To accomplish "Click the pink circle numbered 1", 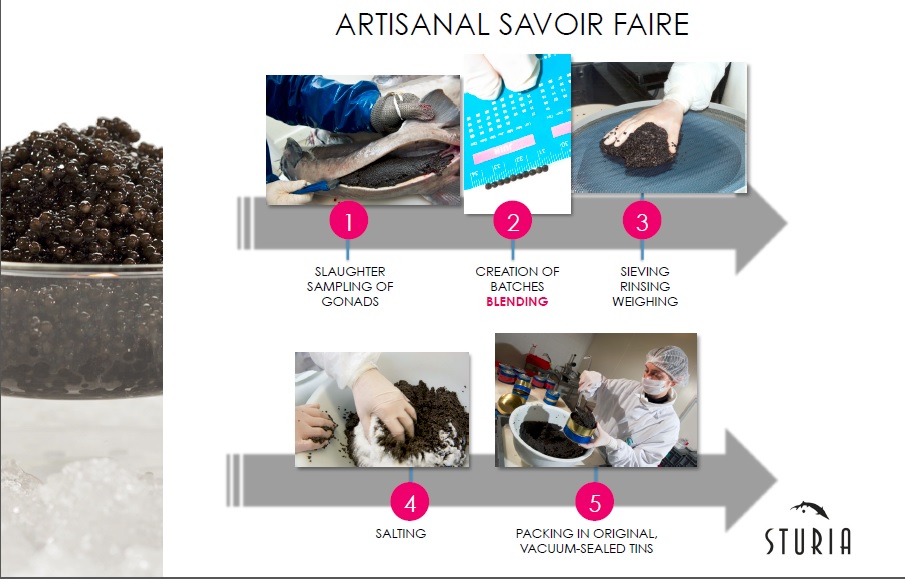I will pos(348,222).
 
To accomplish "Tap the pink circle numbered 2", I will pos(512,222).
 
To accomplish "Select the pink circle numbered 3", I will pos(642,222).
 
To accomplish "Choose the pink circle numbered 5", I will pos(594,499).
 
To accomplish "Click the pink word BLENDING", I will pos(517,301).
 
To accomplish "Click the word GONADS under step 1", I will pos(349,301).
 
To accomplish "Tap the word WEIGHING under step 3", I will pos(645,301).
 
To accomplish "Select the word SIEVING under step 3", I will pos(645,271).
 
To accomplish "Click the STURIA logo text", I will pos(808,541).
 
